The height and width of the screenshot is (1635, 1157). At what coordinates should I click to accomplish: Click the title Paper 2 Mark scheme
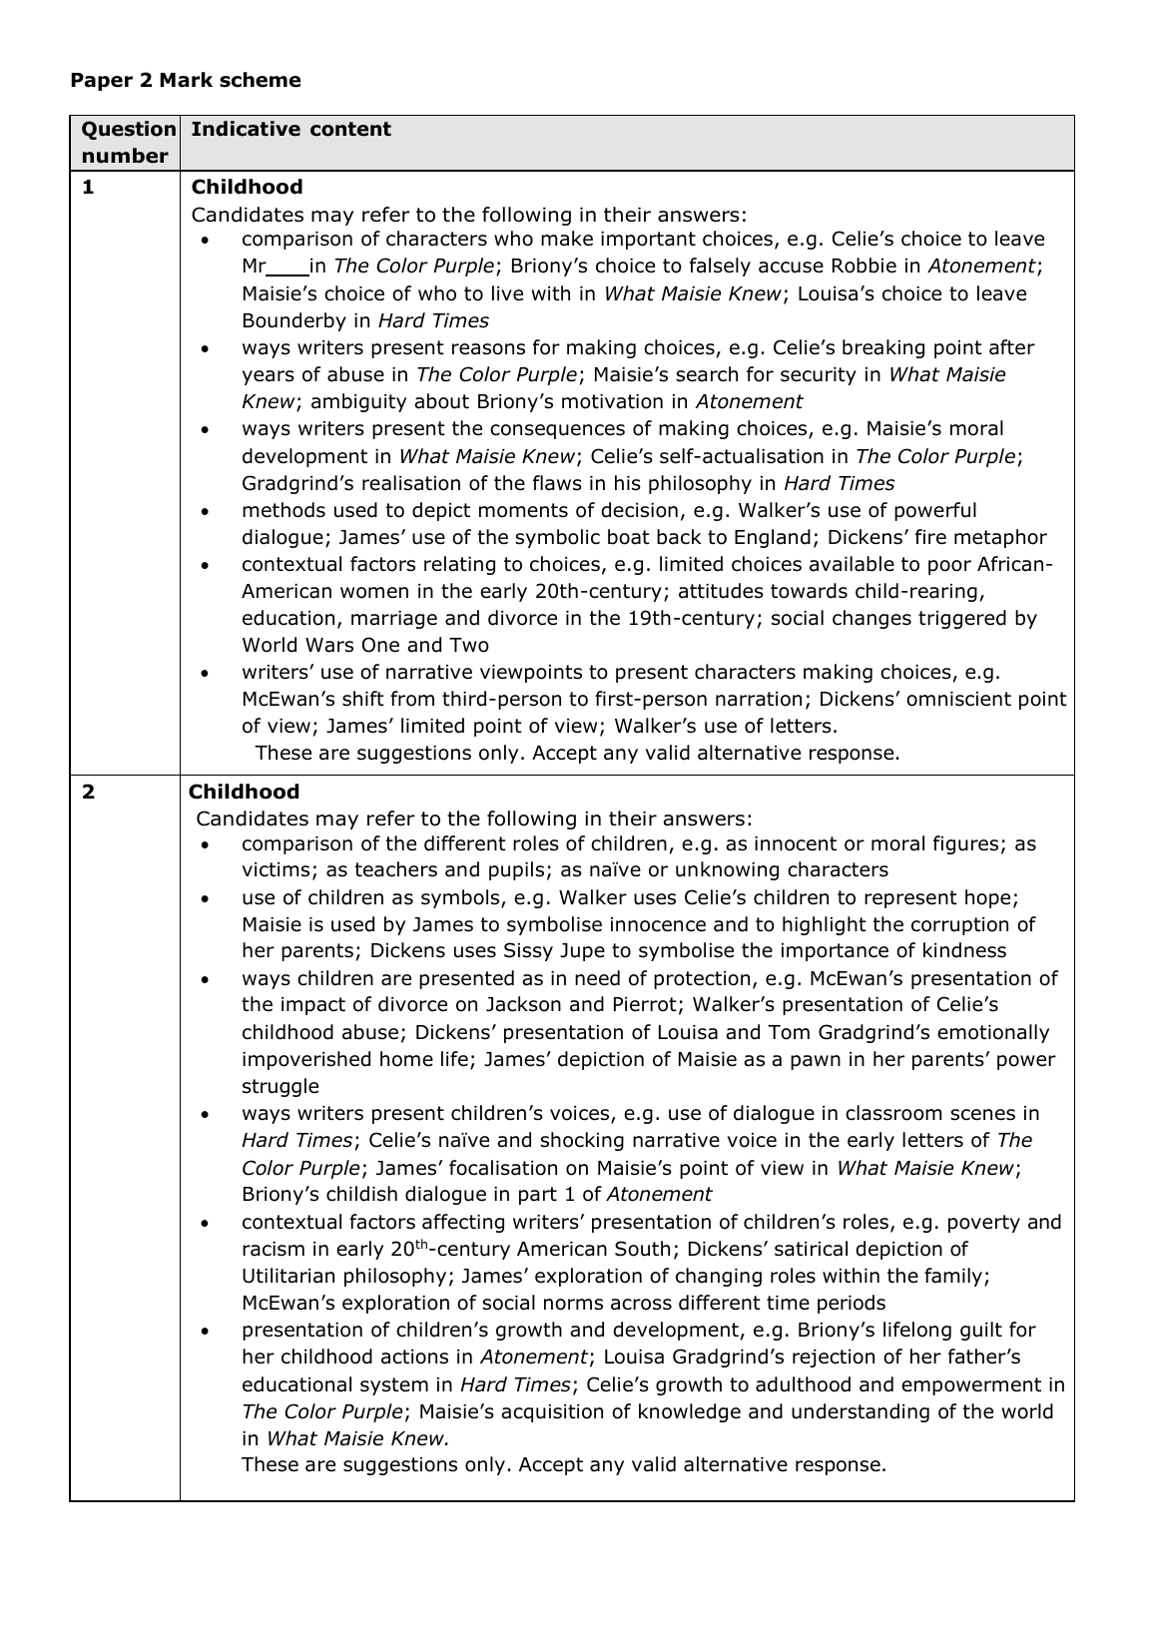tap(185, 81)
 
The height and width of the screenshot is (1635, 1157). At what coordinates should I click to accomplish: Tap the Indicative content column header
tap(290, 130)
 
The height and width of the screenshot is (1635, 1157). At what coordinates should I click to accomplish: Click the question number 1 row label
tap(88, 187)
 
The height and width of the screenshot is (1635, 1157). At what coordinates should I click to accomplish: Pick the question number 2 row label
tap(89, 792)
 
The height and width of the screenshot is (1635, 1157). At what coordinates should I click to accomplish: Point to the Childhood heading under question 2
tap(244, 792)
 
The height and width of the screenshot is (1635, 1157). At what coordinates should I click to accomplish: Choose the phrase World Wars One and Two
tap(365, 645)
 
